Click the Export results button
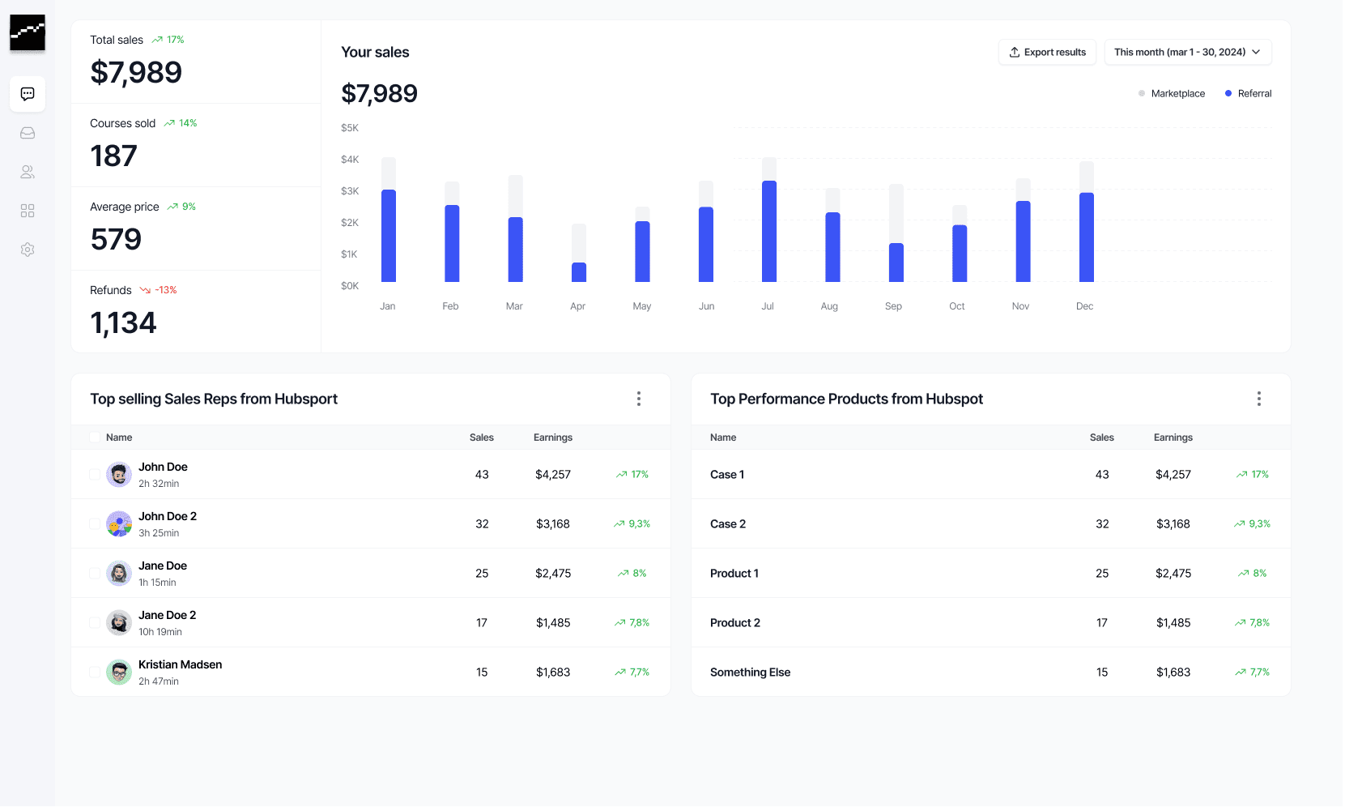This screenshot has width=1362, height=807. tap(1047, 53)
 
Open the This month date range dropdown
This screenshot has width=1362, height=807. tap(1187, 53)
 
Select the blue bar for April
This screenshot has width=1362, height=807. tap(579, 272)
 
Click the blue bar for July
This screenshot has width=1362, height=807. tap(769, 231)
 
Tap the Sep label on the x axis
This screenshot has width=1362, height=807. tap(893, 306)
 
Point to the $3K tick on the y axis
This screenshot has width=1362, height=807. tap(350, 191)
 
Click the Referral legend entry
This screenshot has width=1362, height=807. tap(1248, 94)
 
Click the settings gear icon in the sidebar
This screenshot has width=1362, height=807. tap(28, 250)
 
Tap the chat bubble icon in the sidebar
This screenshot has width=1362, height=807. tap(28, 94)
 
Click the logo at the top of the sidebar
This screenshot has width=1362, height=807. tap(28, 33)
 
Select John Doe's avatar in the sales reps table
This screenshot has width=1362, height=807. tap(119, 475)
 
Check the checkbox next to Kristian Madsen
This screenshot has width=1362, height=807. tap(94, 672)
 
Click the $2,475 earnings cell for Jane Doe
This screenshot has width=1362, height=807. tap(553, 574)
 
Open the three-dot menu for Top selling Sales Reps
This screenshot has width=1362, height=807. tap(638, 399)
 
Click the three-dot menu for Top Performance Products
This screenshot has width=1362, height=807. tap(1258, 399)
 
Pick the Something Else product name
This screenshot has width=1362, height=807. tap(750, 672)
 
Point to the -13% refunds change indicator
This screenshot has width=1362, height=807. tap(158, 290)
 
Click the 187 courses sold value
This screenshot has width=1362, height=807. tap(113, 156)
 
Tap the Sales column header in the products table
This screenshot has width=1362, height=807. tap(1101, 438)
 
